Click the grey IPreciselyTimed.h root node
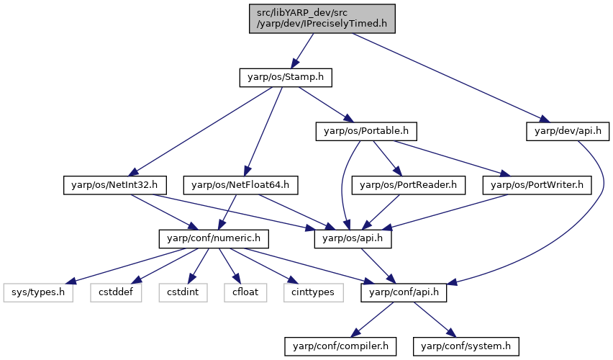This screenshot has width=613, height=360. (x=322, y=19)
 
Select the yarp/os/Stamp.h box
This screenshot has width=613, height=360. (x=286, y=78)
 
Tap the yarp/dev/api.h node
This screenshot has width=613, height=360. (x=568, y=132)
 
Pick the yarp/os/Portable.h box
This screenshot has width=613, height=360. (x=366, y=132)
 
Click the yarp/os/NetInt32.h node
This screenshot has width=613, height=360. (x=114, y=185)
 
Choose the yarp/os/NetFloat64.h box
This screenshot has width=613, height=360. (x=240, y=185)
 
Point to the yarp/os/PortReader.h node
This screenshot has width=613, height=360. (x=408, y=185)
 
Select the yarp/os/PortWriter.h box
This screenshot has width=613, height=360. (x=537, y=185)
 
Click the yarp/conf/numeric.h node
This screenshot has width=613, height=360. (x=214, y=239)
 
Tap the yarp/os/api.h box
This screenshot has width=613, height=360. (x=353, y=239)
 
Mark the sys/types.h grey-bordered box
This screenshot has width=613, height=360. (x=38, y=293)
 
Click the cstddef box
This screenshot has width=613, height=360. (x=116, y=293)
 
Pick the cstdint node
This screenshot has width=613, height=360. (x=183, y=293)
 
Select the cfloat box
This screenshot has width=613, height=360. (x=245, y=293)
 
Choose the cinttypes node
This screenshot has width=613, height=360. (x=314, y=293)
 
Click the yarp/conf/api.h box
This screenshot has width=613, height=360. (x=404, y=293)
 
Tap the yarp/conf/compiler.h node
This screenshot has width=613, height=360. (x=340, y=347)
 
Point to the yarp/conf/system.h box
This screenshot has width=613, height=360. (x=466, y=347)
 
